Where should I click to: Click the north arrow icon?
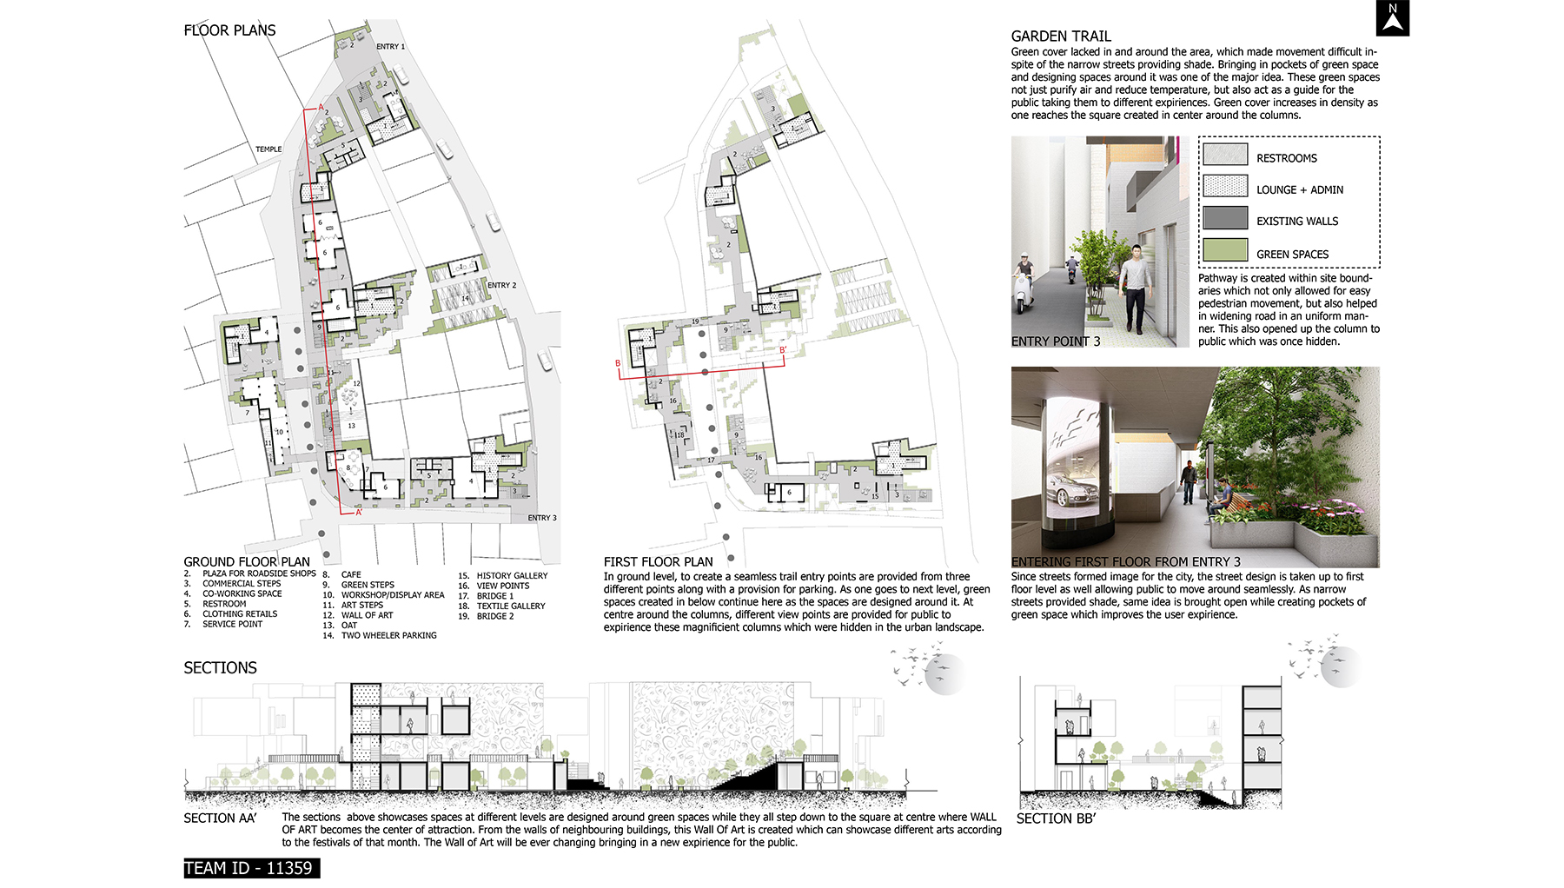1393,18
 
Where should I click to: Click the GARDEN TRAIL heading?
1061,36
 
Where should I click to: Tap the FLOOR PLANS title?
229,30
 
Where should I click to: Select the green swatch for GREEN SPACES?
1225,250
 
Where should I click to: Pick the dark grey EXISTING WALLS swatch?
1225,218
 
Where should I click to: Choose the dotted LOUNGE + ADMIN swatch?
1225,187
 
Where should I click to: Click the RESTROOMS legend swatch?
1225,155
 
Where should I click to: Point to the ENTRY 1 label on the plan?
390,47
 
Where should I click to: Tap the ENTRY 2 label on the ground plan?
501,285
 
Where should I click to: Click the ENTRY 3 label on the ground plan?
542,518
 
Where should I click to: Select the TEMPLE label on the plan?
268,149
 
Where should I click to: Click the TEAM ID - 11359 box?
251,868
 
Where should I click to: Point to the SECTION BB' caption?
1056,818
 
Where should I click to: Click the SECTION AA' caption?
220,818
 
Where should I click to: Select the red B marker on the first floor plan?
618,363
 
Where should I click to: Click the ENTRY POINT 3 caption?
1056,341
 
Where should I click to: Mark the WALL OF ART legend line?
367,615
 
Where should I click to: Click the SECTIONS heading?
220,667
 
